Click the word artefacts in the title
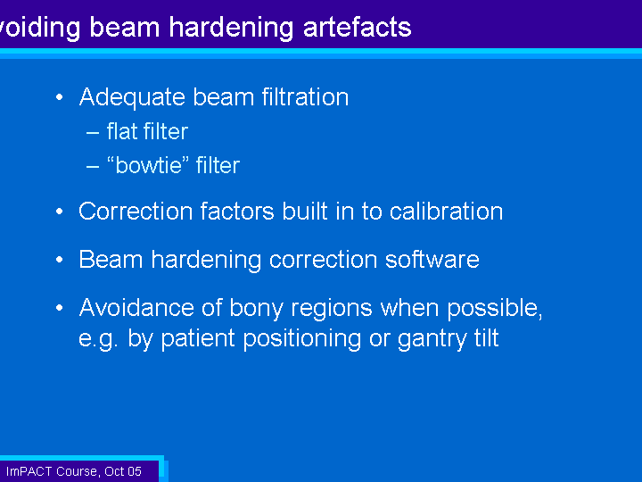pyautogui.click(x=357, y=27)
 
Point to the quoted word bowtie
pyautogui.click(x=151, y=165)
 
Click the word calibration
pyautogui.click(x=446, y=211)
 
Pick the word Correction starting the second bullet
pyautogui.click(x=136, y=212)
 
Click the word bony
pyautogui.click(x=256, y=309)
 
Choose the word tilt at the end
pyautogui.click(x=487, y=337)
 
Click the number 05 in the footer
pyautogui.click(x=134, y=471)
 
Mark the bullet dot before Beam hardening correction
pyautogui.click(x=60, y=260)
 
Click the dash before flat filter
pyautogui.click(x=93, y=133)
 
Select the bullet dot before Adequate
pyautogui.click(x=60, y=97)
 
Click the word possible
pyautogui.click(x=495, y=309)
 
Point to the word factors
pyautogui.click(x=237, y=212)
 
